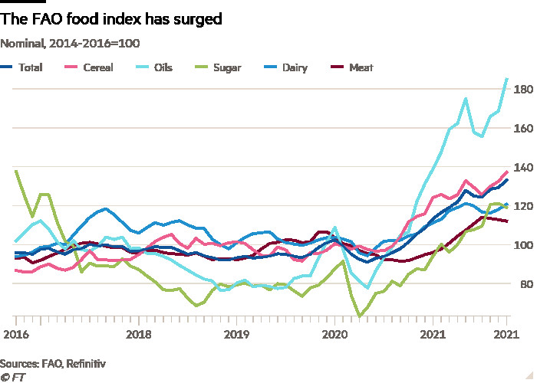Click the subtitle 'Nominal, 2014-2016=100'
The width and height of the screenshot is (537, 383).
[70, 44]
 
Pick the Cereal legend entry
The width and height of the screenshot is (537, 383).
[91, 67]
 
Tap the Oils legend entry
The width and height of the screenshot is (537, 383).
[155, 67]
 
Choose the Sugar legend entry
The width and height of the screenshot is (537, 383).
[219, 67]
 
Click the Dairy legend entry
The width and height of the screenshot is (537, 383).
[286, 67]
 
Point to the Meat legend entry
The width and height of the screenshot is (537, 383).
[353, 67]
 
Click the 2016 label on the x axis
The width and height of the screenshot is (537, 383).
[15, 335]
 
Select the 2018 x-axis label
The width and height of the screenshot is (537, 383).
[137, 335]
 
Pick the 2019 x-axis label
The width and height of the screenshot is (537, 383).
[236, 335]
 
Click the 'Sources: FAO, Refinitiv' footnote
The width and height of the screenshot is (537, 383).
[52, 362]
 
